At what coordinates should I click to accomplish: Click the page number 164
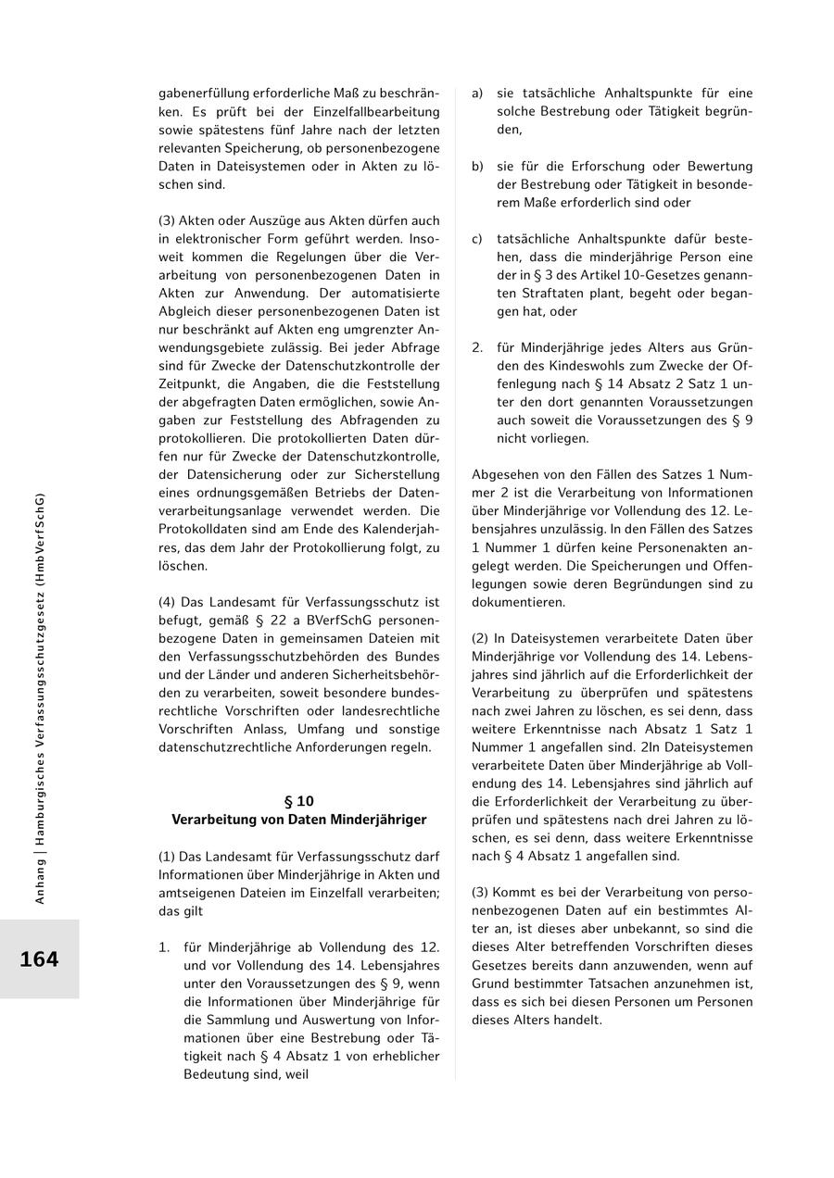pos(39,959)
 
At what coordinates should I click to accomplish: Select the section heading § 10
pos(298,801)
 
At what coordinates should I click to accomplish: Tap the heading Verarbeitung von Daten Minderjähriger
pos(298,820)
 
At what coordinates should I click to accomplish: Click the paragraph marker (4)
pos(167,602)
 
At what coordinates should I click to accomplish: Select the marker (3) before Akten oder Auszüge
pos(167,220)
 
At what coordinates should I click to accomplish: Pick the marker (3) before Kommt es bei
pos(480,892)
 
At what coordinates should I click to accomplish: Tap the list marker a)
pos(477,94)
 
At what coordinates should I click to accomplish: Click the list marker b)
pos(477,166)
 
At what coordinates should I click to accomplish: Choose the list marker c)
pos(477,239)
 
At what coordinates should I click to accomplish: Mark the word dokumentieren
pos(518,602)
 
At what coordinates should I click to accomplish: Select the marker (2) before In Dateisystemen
pos(480,638)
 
